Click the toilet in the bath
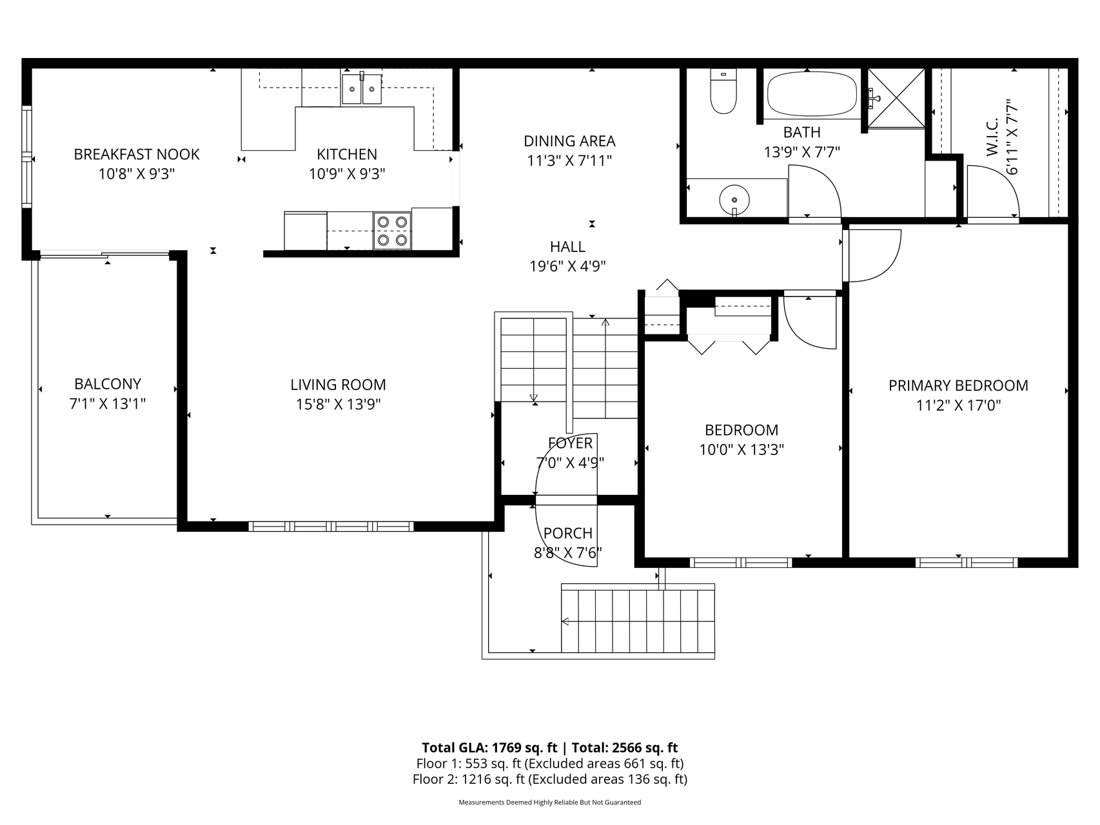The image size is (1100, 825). [723, 92]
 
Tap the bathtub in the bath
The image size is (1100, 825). [812, 93]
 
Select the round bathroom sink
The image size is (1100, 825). [734, 199]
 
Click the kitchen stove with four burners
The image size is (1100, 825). [392, 231]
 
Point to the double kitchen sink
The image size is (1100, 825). [361, 89]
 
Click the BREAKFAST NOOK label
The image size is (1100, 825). [137, 155]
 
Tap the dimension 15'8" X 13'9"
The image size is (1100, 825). [338, 405]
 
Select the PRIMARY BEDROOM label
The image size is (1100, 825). [958, 386]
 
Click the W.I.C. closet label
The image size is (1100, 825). [992, 137]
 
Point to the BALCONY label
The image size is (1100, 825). [108, 384]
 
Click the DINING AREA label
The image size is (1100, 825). [569, 141]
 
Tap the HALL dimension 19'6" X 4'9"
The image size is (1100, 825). [567, 266]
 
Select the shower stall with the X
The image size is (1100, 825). [896, 98]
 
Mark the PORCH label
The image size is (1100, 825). [567, 534]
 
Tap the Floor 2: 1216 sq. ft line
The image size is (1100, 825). [549, 779]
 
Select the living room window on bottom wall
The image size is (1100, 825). [331, 527]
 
